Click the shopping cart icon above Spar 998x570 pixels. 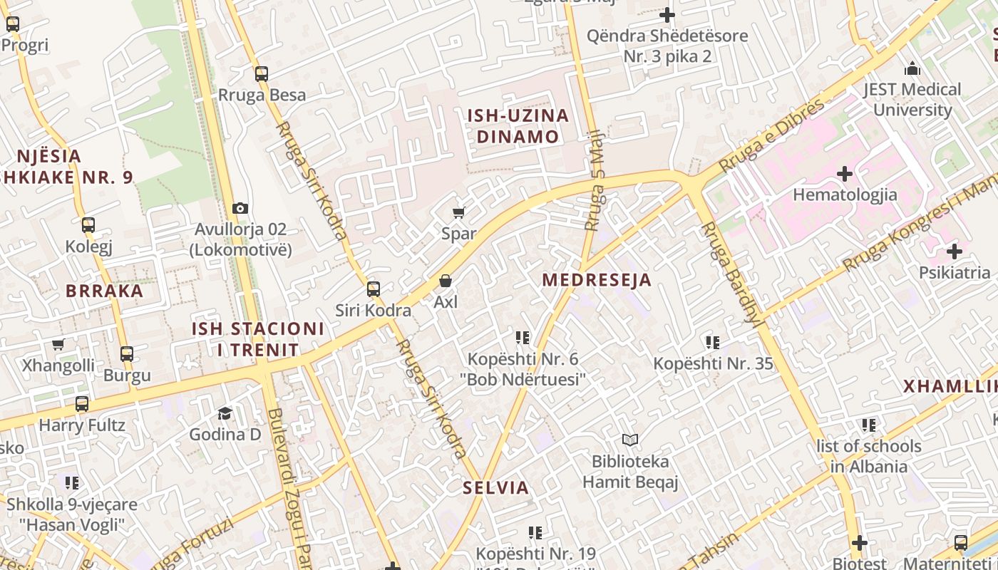pos(459,212)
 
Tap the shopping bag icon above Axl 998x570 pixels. pos(446,281)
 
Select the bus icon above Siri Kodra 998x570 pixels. pos(374,289)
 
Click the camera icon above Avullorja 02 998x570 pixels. pos(240,209)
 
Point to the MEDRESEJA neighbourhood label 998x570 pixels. pos(597,280)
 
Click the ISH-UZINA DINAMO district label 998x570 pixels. pos(518,126)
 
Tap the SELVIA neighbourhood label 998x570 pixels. pos(496,488)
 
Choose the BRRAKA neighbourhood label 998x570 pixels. pos(105,291)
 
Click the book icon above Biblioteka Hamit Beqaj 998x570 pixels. pos(629,440)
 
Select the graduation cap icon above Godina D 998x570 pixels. pos(225,413)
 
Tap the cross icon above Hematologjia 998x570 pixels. pos(845,174)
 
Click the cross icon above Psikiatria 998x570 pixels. pos(955,252)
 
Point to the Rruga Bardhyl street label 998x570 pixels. pos(734,274)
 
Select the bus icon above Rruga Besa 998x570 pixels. pos(262,74)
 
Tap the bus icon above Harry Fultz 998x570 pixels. pos(82,405)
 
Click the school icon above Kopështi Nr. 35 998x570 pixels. pos(713,343)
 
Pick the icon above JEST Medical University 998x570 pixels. pos(912,69)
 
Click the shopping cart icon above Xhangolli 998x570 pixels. pos(58,345)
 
